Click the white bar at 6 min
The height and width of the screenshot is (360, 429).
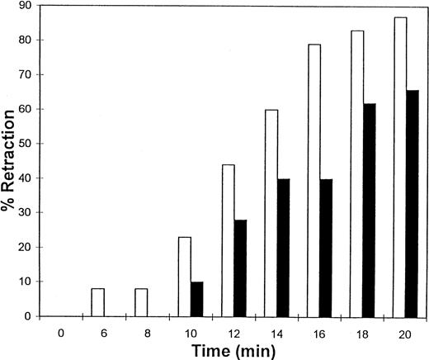[98, 302]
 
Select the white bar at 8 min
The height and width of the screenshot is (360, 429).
[140, 302]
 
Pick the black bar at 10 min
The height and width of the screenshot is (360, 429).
[196, 299]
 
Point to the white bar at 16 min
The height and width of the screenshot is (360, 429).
[313, 180]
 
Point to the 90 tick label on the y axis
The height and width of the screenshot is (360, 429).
[29, 7]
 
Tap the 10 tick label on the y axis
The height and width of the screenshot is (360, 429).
[29, 282]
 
